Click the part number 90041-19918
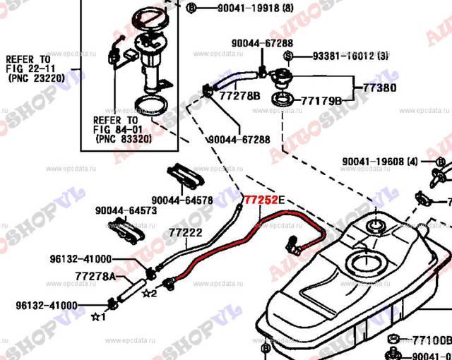tap(232, 8)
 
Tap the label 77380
tap(379, 89)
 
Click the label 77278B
tap(240, 95)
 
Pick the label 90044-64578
tap(182, 200)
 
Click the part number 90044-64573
tap(126, 211)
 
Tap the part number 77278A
tap(95, 275)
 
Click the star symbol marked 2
tap(148, 293)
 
